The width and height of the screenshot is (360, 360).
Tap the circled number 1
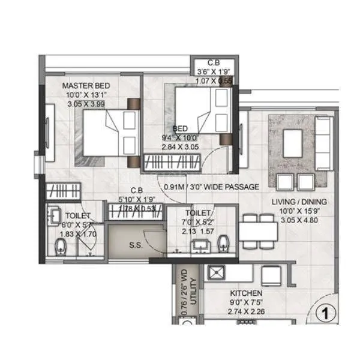325,313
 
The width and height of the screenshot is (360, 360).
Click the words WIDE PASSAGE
231,187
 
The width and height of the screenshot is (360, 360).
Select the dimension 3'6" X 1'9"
213,71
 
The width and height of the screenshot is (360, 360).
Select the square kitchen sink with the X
217,273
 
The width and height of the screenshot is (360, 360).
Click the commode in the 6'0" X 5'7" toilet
60,248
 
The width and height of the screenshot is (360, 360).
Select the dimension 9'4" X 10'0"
179,137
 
